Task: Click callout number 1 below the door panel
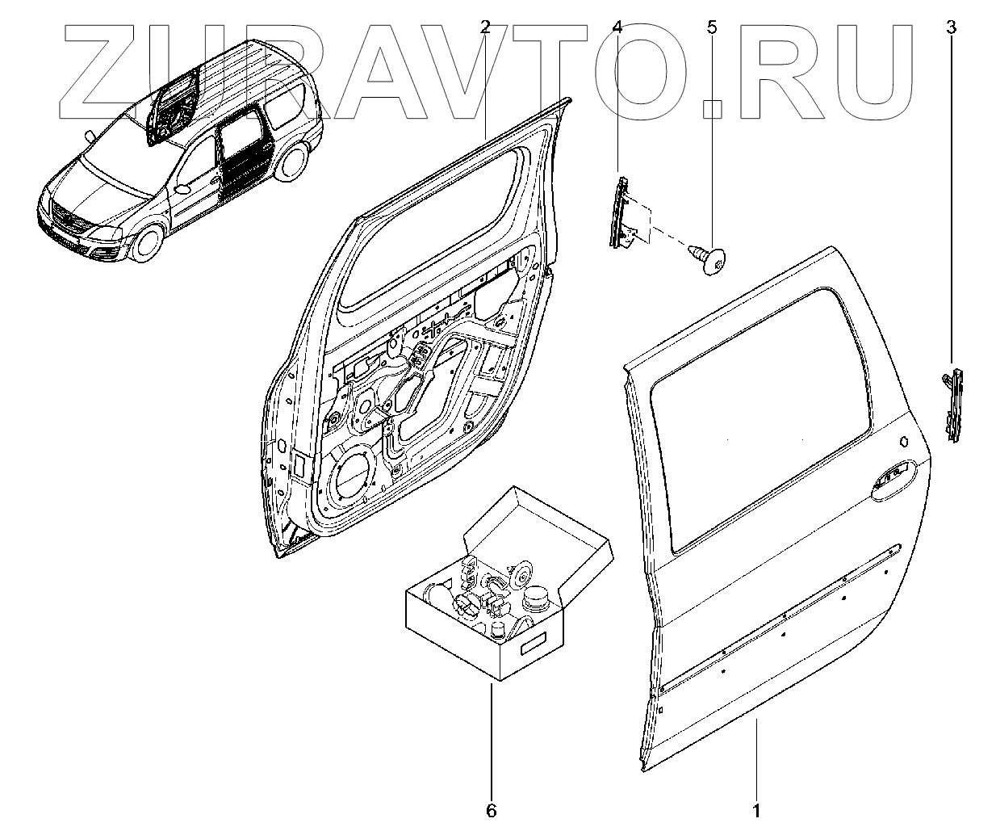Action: click(756, 808)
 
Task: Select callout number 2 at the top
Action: click(485, 27)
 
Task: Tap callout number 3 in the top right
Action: click(951, 27)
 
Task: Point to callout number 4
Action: click(617, 27)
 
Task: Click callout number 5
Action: click(711, 27)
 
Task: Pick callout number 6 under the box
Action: click(492, 808)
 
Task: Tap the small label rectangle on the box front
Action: click(534, 647)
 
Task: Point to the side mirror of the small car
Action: click(183, 189)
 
